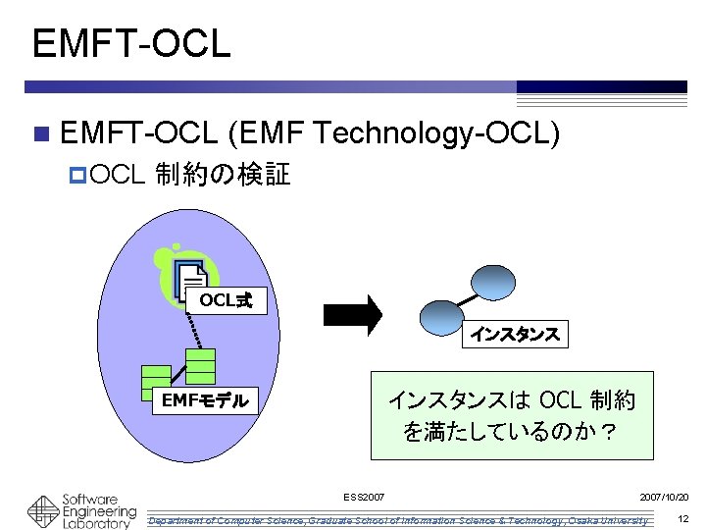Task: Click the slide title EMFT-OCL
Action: [x=130, y=43]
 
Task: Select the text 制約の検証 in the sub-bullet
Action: [x=223, y=175]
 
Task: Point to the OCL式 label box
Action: [x=226, y=300]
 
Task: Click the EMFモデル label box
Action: [x=204, y=399]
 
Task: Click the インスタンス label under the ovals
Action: [x=514, y=335]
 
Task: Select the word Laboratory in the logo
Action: [x=96, y=524]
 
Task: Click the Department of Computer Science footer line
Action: [x=397, y=519]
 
